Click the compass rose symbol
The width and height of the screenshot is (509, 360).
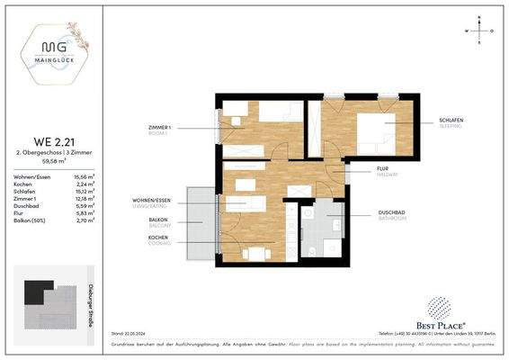[482, 30]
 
